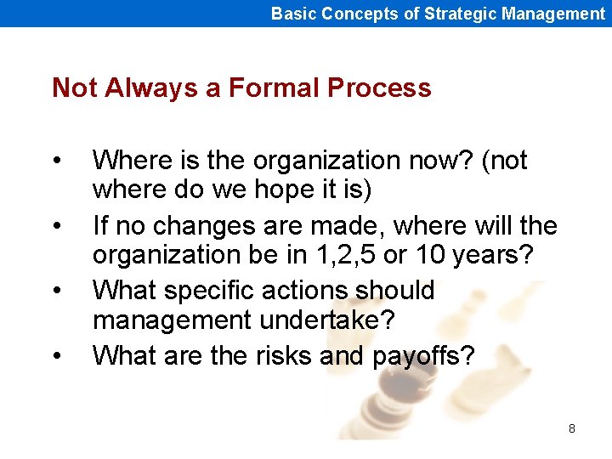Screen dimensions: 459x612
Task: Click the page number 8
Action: click(571, 428)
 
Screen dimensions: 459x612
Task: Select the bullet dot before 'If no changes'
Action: click(56, 226)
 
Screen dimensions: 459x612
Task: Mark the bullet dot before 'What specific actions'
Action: click(56, 292)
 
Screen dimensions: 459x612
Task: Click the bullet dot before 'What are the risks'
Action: click(56, 356)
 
